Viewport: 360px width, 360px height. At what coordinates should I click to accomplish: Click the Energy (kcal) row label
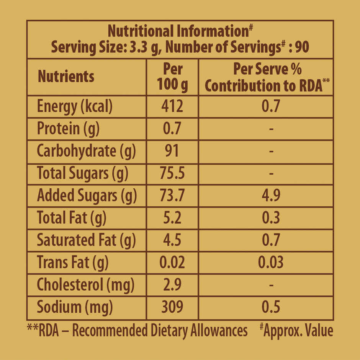click(75, 106)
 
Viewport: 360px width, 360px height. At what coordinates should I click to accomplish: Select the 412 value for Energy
click(172, 106)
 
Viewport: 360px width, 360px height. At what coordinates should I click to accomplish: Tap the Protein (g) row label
click(68, 129)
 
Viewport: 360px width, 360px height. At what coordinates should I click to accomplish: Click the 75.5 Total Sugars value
click(172, 173)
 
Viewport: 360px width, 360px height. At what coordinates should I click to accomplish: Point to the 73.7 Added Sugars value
click(172, 195)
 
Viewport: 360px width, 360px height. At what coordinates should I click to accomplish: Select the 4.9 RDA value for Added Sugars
click(271, 195)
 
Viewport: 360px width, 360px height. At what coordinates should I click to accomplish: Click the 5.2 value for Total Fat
click(172, 218)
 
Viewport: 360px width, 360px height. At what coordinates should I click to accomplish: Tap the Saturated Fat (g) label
click(86, 240)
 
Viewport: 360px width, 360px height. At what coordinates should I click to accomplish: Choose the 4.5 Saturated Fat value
click(172, 240)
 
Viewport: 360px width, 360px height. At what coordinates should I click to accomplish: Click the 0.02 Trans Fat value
click(172, 262)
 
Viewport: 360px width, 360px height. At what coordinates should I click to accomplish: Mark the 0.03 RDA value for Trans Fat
click(271, 262)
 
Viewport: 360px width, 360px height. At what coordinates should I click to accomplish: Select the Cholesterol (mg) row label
click(85, 285)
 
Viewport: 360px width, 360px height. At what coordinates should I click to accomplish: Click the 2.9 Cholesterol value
click(172, 285)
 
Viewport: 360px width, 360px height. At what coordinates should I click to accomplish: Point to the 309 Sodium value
click(172, 307)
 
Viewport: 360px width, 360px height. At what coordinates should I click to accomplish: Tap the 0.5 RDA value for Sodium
click(271, 307)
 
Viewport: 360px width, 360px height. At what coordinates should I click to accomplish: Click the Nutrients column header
click(66, 77)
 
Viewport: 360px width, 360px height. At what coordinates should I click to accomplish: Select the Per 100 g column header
click(173, 77)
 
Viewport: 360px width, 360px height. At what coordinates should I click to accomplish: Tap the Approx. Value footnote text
click(298, 330)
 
